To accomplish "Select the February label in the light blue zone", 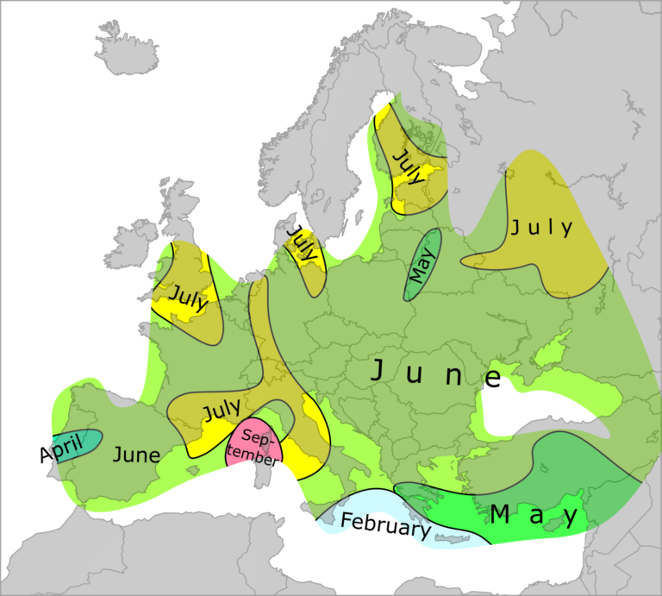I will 384,524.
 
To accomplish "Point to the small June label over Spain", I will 136,455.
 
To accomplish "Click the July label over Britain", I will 189,296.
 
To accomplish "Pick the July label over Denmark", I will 302,246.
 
